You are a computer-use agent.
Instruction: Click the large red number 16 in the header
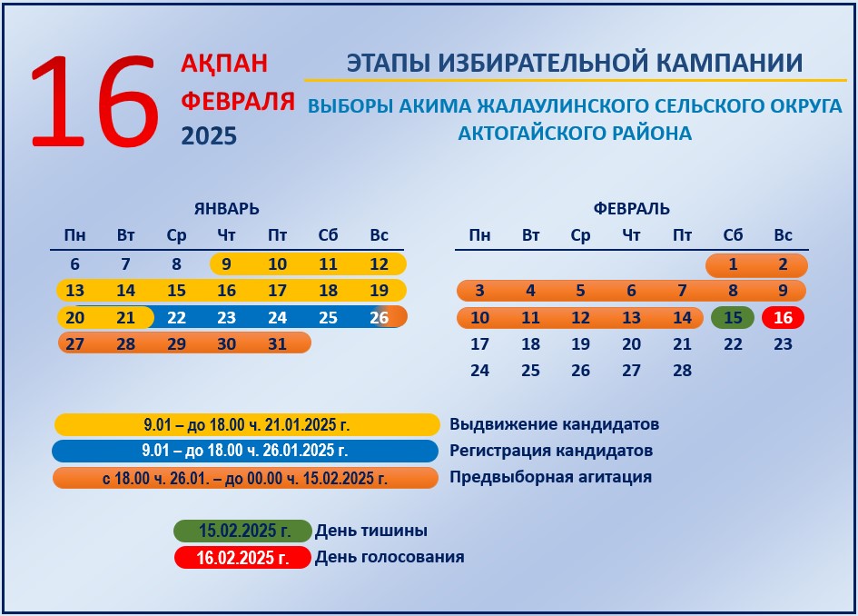click(94, 101)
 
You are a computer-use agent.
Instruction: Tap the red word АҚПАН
click(224, 64)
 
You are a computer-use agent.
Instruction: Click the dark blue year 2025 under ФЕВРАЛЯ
click(209, 135)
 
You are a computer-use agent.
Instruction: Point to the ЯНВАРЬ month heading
click(227, 209)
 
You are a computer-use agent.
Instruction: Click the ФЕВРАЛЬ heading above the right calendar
click(631, 209)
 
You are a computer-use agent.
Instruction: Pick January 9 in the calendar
click(226, 263)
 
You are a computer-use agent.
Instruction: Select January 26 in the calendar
click(380, 318)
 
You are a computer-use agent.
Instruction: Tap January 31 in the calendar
click(277, 343)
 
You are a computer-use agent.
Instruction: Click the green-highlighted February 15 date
click(733, 318)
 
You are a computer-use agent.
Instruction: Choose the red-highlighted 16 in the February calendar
click(783, 318)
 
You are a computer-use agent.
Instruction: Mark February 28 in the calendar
click(683, 371)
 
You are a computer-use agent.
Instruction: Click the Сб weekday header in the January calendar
click(328, 235)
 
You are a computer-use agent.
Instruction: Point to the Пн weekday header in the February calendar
click(479, 235)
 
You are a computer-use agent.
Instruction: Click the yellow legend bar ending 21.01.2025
click(247, 424)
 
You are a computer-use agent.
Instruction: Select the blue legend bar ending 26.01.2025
click(245, 451)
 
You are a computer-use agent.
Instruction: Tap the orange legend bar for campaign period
click(246, 478)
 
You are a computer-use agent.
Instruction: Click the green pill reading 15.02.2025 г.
click(243, 531)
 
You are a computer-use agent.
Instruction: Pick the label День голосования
click(390, 557)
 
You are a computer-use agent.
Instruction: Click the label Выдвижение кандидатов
click(555, 424)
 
